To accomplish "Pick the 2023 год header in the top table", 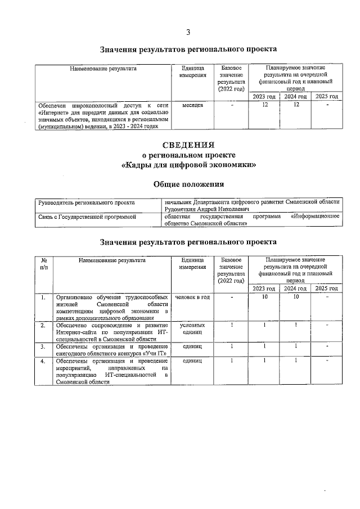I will (263, 97).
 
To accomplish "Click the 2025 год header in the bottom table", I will (327, 289).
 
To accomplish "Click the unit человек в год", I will (193, 297).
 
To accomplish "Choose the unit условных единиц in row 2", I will (193, 329).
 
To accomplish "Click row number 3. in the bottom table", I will (43, 347).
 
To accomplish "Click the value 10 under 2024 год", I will (295, 297).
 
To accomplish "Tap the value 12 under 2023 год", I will (263, 105).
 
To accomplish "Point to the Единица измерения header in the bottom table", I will (193, 264).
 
